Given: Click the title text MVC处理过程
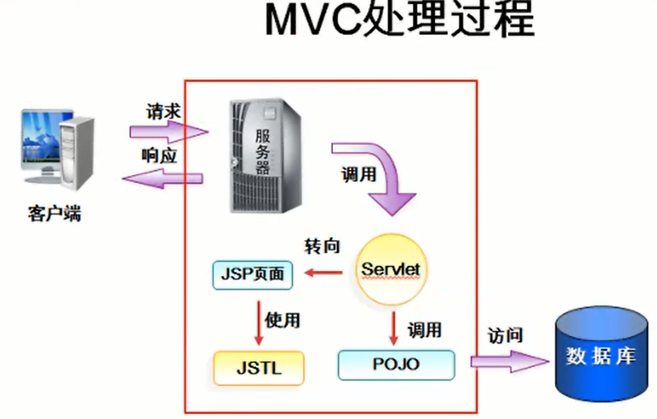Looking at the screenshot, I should [400, 22].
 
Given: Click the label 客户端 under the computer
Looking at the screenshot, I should [55, 215].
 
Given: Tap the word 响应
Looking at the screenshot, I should [160, 156].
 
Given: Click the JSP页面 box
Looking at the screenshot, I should [252, 275].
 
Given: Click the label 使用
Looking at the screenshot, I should [282, 319].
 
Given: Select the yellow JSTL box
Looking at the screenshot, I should [258, 368].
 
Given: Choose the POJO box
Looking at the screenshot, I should [396, 364].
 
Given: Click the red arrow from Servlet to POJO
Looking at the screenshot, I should [394, 325].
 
